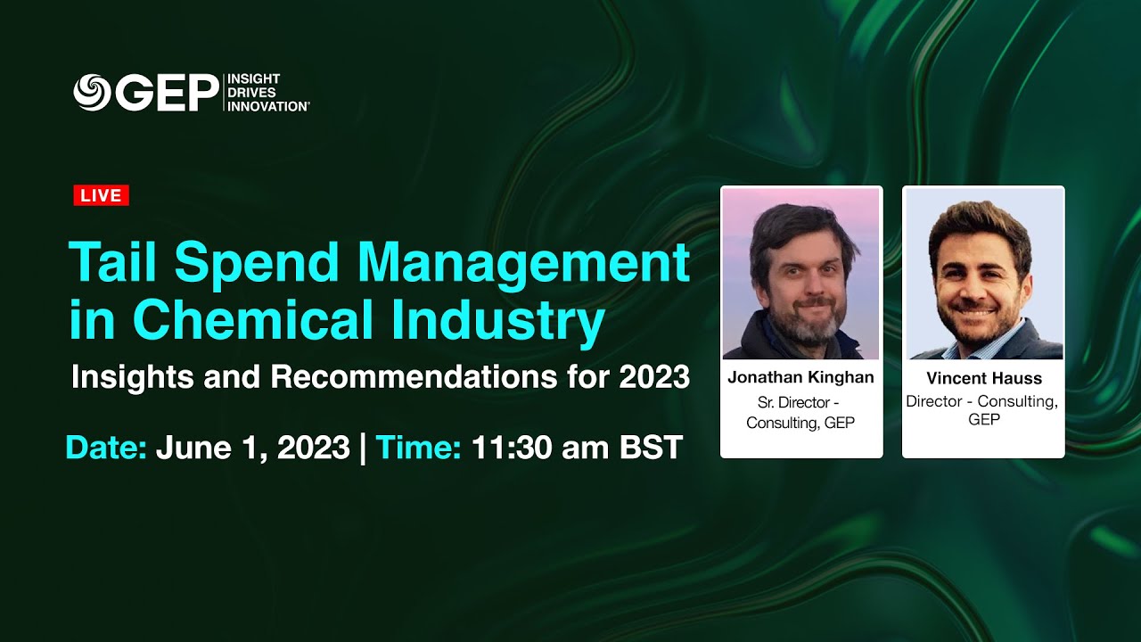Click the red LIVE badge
point(101,195)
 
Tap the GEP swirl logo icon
point(92,93)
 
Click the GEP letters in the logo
point(167,93)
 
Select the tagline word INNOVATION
point(268,106)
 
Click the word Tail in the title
point(113,263)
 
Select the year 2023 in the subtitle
point(654,377)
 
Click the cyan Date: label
point(106,447)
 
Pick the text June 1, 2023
point(252,447)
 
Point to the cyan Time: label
point(418,447)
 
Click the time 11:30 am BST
point(577,447)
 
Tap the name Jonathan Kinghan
point(800,377)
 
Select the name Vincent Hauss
point(983,378)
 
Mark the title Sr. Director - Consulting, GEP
point(800,412)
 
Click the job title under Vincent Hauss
point(983,410)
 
